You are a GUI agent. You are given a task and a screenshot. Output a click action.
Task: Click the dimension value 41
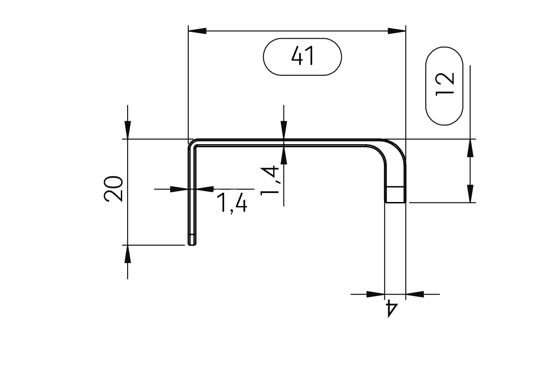point(302,56)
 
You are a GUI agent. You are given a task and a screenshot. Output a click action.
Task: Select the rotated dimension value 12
point(444,84)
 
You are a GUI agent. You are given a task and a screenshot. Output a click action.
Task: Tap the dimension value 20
point(114,189)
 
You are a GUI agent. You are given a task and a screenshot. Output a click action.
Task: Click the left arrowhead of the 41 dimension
point(198,31)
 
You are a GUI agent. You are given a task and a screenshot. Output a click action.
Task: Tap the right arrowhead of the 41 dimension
point(397,31)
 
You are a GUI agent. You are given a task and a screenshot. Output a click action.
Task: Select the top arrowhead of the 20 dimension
point(128,130)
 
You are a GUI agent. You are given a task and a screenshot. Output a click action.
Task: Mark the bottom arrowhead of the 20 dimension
point(128,254)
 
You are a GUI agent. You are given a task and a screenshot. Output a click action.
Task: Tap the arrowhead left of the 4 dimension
point(376,294)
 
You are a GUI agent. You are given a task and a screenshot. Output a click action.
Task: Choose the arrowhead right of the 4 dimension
point(415,294)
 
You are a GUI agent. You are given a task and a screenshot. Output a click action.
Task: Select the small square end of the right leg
point(395,194)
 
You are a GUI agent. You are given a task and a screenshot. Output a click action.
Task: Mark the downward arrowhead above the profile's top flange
point(283,130)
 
